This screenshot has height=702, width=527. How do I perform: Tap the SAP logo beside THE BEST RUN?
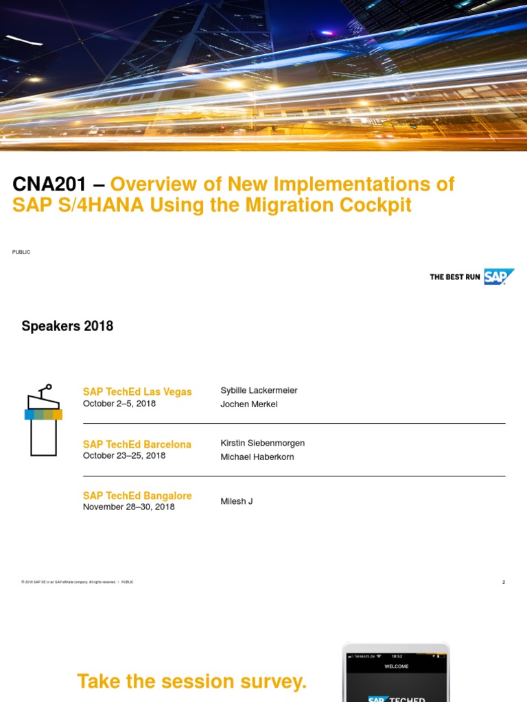click(x=499, y=277)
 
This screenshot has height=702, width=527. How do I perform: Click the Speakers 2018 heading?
click(x=67, y=326)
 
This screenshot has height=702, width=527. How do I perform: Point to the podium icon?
click(x=43, y=420)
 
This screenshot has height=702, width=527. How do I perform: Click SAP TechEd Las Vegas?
click(x=137, y=391)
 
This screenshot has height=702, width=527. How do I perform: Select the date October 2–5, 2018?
click(x=119, y=404)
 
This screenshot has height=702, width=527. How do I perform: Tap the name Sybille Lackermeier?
click(x=259, y=390)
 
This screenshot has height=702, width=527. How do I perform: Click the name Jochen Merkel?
click(x=248, y=404)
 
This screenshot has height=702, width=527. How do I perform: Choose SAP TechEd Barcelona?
click(x=137, y=444)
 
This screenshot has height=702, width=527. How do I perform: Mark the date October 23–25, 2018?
click(x=124, y=455)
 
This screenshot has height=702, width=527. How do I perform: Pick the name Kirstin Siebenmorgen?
click(x=262, y=443)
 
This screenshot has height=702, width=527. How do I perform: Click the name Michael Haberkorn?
click(x=257, y=457)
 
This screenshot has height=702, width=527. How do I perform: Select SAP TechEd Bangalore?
click(x=137, y=495)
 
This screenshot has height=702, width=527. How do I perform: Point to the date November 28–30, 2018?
click(x=129, y=507)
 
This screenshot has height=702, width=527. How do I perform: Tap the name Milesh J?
click(x=236, y=501)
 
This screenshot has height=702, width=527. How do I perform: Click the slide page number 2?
click(x=503, y=582)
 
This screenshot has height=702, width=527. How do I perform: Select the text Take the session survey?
click(x=191, y=681)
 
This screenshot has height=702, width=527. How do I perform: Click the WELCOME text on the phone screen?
click(x=396, y=666)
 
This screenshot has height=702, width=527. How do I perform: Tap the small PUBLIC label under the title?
click(x=21, y=252)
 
